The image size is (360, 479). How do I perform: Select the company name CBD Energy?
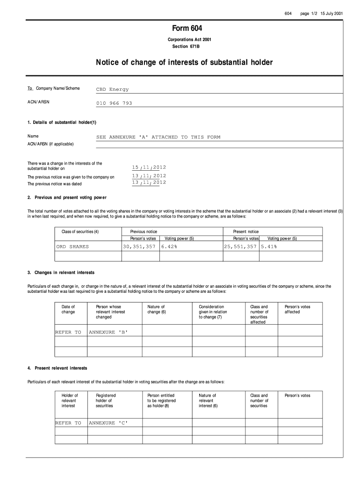click(x=112, y=89)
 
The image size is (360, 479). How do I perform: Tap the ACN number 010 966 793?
click(x=114, y=103)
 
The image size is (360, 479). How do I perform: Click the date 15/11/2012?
click(x=149, y=167)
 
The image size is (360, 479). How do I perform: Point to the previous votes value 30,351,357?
click(x=139, y=247)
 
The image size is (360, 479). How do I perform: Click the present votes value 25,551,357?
click(x=240, y=247)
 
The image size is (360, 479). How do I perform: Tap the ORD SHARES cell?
click(x=72, y=247)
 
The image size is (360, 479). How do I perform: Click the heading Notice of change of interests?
click(x=184, y=62)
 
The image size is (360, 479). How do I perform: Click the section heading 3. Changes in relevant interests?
click(x=61, y=272)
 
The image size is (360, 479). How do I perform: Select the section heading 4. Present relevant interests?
click(x=57, y=368)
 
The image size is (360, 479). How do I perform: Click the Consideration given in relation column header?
click(x=213, y=312)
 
